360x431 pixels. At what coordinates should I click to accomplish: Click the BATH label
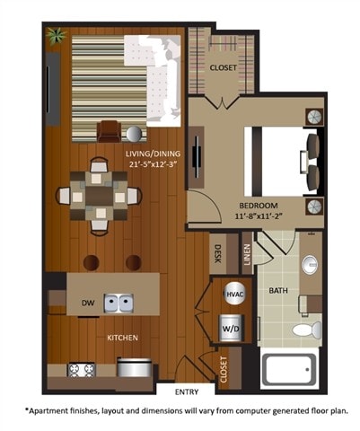click(x=278, y=290)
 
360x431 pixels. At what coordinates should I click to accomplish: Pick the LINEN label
click(x=247, y=255)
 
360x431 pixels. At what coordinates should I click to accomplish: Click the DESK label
click(x=218, y=255)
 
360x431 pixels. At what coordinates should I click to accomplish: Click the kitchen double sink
click(x=118, y=303)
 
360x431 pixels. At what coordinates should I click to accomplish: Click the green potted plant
click(x=57, y=36)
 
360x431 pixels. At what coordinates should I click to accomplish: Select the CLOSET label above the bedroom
click(x=223, y=68)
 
